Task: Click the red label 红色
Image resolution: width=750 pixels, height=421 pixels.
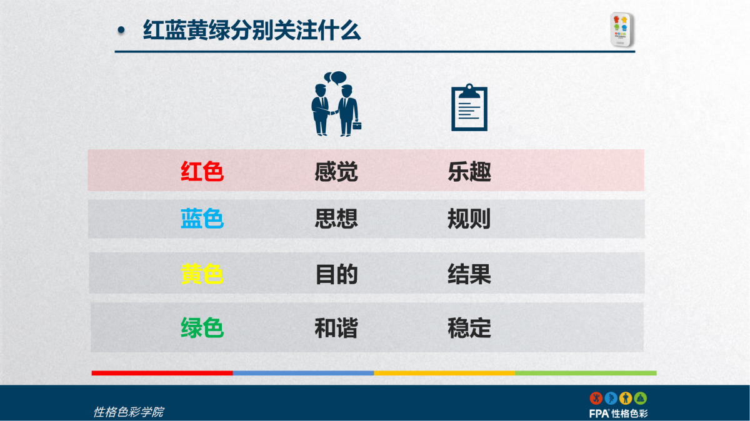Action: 202,171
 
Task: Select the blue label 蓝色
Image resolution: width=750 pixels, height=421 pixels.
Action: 202,219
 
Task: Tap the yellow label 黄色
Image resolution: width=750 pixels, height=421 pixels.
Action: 202,274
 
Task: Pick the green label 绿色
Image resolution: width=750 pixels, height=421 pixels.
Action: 202,328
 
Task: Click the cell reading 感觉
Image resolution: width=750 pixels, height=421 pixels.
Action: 336,172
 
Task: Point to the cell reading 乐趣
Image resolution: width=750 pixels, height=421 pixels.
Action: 469,172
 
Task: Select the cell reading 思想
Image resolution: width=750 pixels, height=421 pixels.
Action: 336,219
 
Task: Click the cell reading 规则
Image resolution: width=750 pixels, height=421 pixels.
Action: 469,219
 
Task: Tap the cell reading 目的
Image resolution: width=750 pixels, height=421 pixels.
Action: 336,274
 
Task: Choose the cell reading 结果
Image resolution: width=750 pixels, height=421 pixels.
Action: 469,274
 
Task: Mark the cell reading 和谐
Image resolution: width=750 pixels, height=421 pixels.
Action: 336,328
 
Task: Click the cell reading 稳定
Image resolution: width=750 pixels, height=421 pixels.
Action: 469,328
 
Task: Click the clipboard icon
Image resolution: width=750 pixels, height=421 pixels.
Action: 469,107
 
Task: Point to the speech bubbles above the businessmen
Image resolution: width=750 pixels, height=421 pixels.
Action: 335,77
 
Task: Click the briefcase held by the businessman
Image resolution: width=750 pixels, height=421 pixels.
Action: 357,125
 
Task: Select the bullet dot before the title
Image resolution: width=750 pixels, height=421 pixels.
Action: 121,30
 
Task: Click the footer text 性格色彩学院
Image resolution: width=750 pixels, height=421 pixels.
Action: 128,412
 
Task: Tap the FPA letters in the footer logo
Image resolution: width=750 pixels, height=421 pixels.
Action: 599,414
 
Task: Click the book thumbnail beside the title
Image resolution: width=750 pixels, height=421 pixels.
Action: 622,29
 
